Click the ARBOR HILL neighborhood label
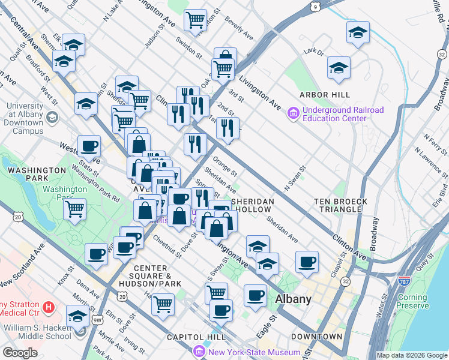pyautogui.click(x=325, y=95)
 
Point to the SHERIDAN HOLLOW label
pyautogui.click(x=253, y=205)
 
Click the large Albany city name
pyautogui.click(x=294, y=299)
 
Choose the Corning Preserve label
pyautogui.click(x=412, y=301)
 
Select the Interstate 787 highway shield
pyautogui.click(x=403, y=280)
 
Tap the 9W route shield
pyautogui.click(x=97, y=320)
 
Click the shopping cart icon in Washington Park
pyautogui.click(x=75, y=209)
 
